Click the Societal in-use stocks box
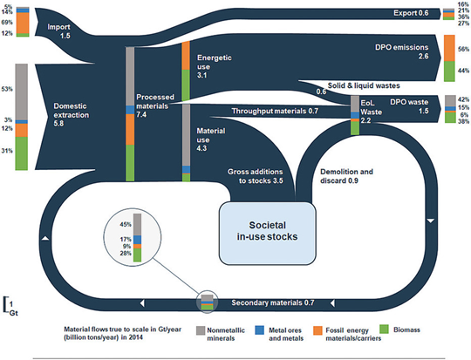pyautogui.click(x=268, y=233)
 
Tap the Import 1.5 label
pyautogui.click(x=59, y=31)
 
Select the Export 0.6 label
pyautogui.click(x=411, y=13)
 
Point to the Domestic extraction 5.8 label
pyautogui.click(x=72, y=115)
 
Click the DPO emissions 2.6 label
pyautogui.click(x=401, y=51)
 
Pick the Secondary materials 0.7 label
pyautogui.click(x=273, y=302)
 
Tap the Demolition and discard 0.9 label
pyautogui.click(x=346, y=176)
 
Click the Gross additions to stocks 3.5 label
pyautogui.click(x=255, y=176)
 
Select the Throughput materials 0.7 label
pyautogui.click(x=275, y=111)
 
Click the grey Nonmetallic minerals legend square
pyautogui.click(x=201, y=330)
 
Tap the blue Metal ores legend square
pyautogui.click(x=259, y=330)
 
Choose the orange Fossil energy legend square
pyautogui.click(x=317, y=330)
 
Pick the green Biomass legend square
pyautogui.click(x=384, y=329)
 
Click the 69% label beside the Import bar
pyautogui.click(x=7, y=23)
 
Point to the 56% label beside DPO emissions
pyautogui.click(x=463, y=50)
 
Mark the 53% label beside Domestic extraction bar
pyautogui.click(x=7, y=89)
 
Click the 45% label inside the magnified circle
pyautogui.click(x=126, y=224)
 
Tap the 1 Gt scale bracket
pyautogui.click(x=5, y=304)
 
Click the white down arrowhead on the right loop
pyautogui.click(x=431, y=221)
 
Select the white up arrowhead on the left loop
pyautogui.click(x=45, y=238)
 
